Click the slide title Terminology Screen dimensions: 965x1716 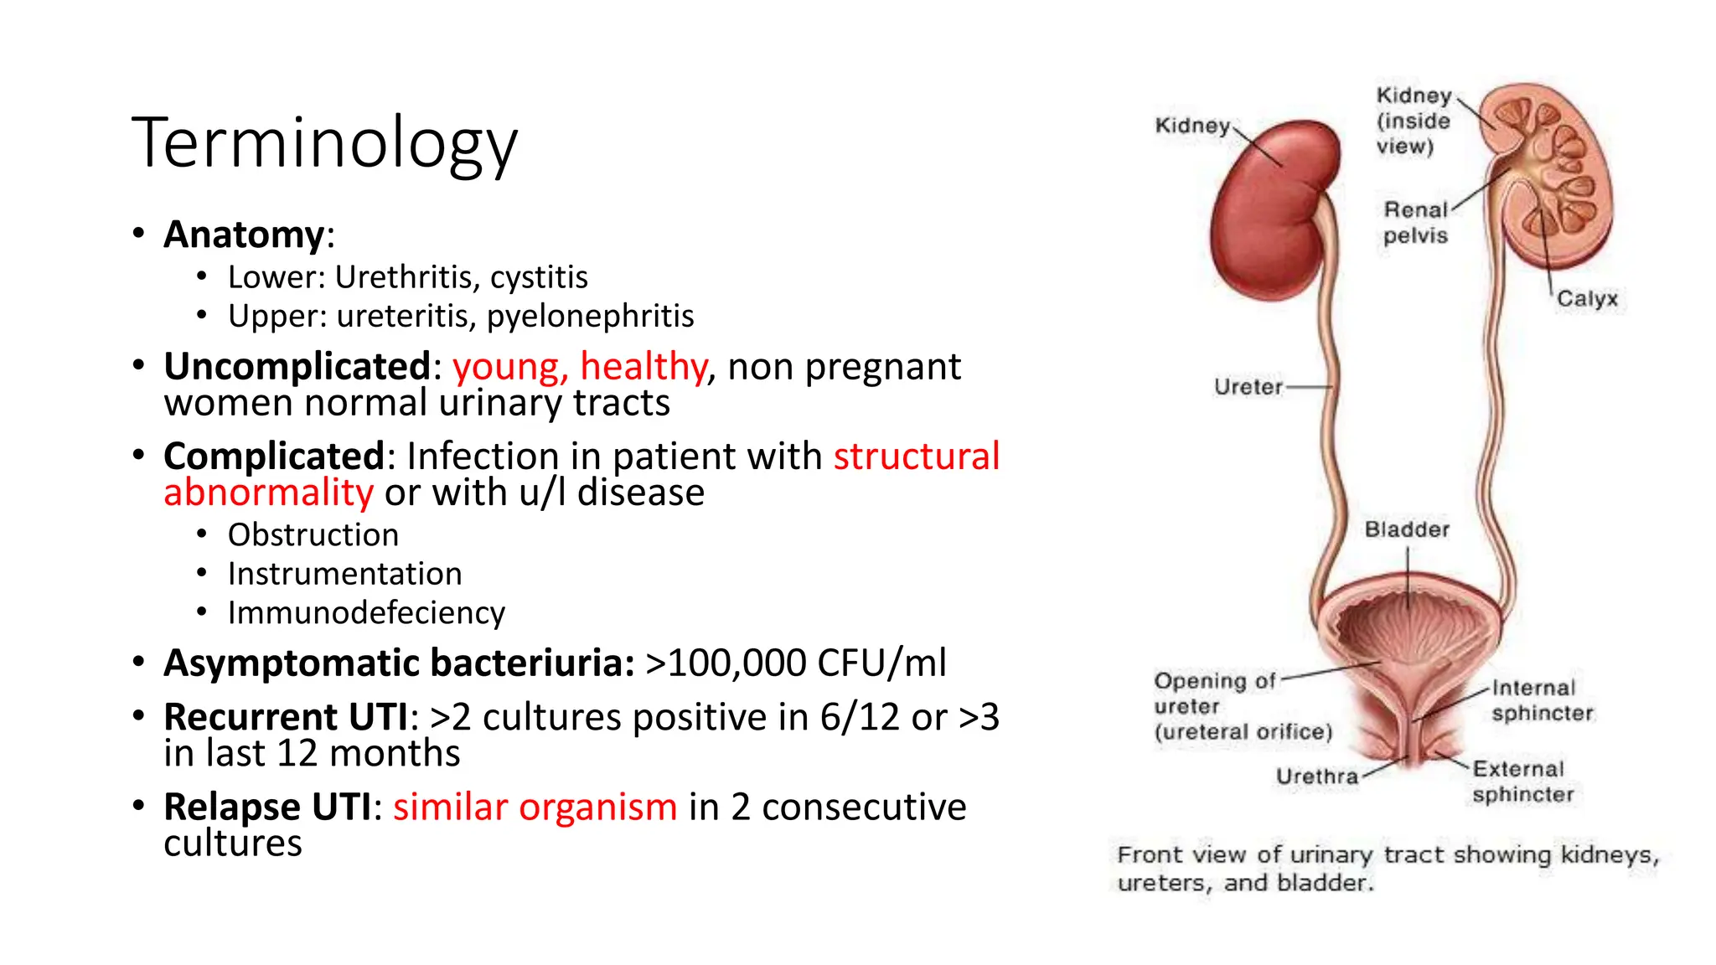324,142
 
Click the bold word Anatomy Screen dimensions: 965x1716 243,235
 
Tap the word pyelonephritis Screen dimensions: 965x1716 590,316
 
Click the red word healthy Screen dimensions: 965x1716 643,367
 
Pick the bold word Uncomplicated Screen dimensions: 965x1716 297,367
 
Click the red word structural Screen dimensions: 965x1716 916,457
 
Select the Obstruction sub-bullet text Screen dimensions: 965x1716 313,535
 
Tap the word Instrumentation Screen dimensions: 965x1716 344,574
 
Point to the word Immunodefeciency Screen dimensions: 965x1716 366,613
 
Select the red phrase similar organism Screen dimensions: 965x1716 535,808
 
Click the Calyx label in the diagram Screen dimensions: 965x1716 1586,299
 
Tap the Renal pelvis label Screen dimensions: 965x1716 1415,223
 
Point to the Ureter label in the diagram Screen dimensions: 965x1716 1248,387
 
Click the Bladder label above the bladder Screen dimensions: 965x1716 1406,529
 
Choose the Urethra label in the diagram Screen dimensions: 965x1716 1316,777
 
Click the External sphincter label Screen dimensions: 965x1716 1522,782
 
